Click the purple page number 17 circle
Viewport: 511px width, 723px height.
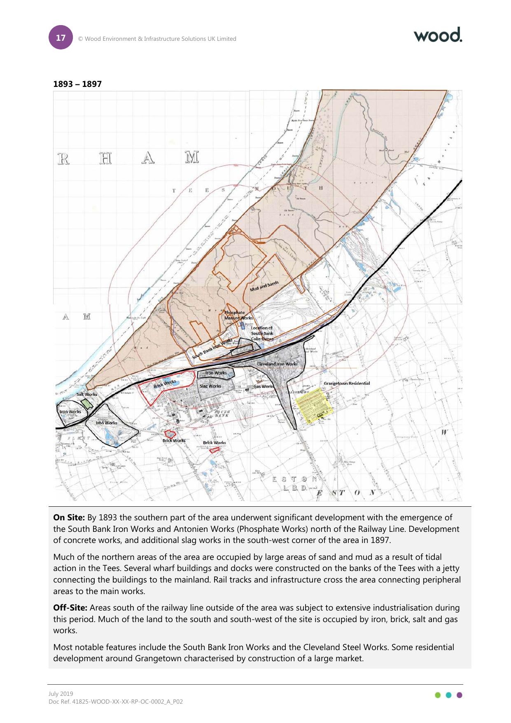click(x=61, y=38)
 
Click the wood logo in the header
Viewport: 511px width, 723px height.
click(x=438, y=35)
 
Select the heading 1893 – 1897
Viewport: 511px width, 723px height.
click(x=77, y=84)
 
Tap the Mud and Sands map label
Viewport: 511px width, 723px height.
click(x=264, y=286)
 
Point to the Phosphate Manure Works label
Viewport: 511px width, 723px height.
click(x=238, y=315)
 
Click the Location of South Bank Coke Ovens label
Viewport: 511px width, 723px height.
click(x=262, y=333)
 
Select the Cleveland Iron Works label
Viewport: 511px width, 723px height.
click(x=277, y=364)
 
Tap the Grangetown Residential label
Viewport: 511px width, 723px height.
click(x=347, y=384)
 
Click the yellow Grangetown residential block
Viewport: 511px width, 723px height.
click(x=315, y=405)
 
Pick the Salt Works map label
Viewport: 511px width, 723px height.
click(x=86, y=394)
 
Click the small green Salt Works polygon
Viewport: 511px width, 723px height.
click(x=86, y=403)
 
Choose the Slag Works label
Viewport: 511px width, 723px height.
click(x=210, y=386)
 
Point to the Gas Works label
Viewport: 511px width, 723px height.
click(x=264, y=386)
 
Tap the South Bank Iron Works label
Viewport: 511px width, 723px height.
click(x=212, y=349)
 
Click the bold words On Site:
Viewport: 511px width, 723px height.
click(x=69, y=518)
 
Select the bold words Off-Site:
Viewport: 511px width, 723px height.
click(x=70, y=608)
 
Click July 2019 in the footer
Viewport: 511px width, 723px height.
click(x=61, y=694)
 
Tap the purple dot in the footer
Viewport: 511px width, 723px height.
click(x=460, y=695)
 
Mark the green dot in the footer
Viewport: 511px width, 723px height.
click(x=438, y=695)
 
